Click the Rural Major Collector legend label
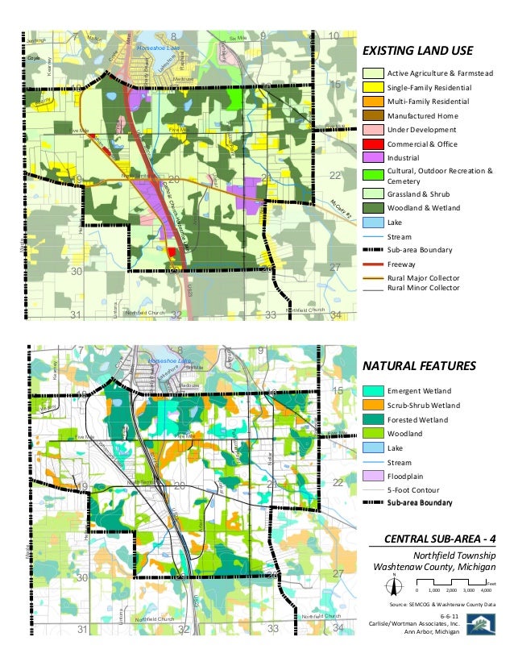point(423,278)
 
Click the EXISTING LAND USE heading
point(418,51)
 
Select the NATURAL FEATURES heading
point(419,366)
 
